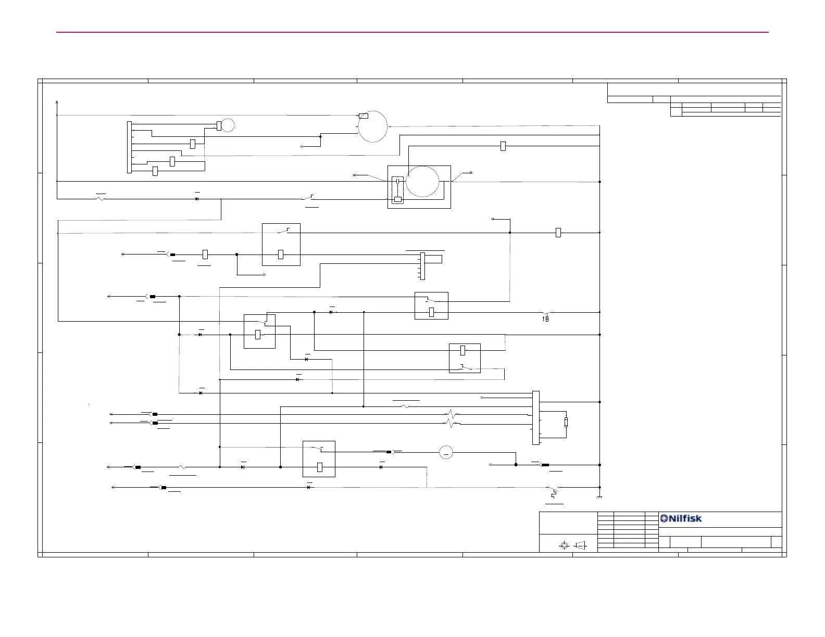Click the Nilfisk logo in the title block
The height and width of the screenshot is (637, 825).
tap(681, 518)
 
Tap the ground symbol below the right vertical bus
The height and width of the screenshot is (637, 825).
tap(599, 498)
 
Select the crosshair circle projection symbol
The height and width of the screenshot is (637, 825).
tap(564, 545)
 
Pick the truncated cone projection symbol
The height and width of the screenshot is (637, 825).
tap(580, 545)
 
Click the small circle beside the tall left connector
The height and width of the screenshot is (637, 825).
tap(228, 125)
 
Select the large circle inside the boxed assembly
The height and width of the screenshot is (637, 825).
tap(422, 182)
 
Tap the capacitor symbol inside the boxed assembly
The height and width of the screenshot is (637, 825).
tap(397, 181)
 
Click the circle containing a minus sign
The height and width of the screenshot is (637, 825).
tap(446, 452)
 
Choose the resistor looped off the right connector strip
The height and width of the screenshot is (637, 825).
tap(566, 422)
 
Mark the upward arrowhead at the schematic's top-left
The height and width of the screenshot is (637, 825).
tap(57, 102)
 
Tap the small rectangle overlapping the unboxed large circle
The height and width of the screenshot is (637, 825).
tap(364, 116)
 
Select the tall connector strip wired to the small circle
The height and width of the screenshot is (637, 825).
tap(129, 147)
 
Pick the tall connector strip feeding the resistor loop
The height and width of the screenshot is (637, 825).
tap(536, 418)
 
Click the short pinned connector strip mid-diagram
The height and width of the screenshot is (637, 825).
tap(422, 265)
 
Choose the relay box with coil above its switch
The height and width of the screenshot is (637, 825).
tap(465, 358)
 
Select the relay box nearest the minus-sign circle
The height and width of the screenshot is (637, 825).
tap(319, 458)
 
